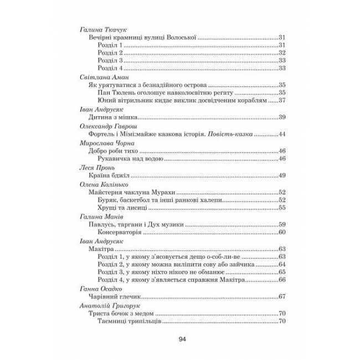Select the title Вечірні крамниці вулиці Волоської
pos(143,37)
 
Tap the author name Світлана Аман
pos(100,77)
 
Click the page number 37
pos(281,101)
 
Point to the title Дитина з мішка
pos(112,117)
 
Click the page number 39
pos(281,117)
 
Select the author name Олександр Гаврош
pos(107,126)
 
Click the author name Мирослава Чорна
pos(105,142)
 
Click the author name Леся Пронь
pos(96,167)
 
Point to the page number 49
pos(281,176)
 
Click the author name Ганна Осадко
pos(100,289)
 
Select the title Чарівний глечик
pos(115,297)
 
